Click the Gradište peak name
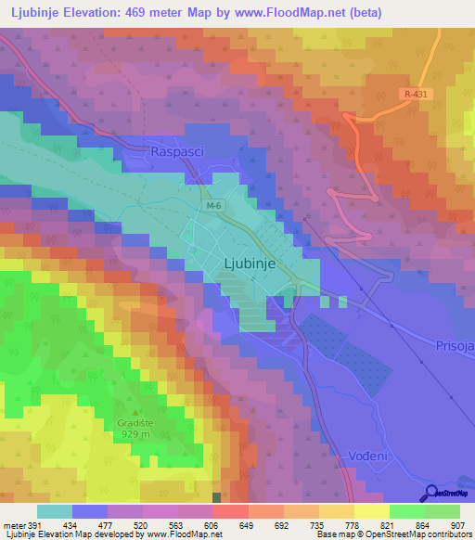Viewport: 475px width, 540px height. click(x=135, y=423)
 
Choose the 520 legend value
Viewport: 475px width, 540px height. click(x=142, y=524)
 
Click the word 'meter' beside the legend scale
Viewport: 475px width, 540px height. click(x=15, y=524)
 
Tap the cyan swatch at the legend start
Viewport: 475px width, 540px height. click(x=55, y=511)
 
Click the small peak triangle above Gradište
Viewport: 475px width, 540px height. click(x=135, y=413)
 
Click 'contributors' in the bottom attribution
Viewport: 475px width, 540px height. click(x=447, y=534)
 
